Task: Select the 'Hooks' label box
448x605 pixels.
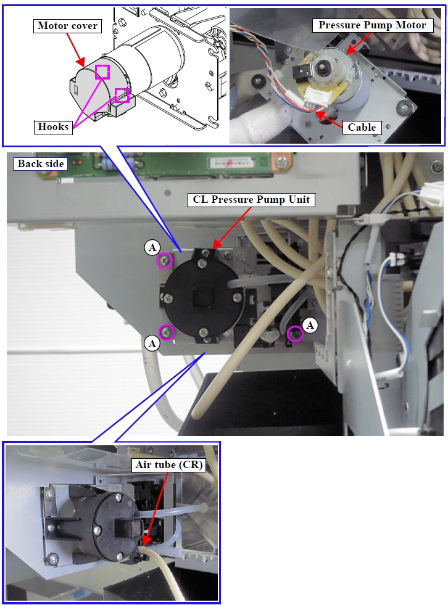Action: pos(52,127)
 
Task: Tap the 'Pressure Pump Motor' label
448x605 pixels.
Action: pos(371,25)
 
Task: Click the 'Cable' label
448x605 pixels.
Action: pos(362,127)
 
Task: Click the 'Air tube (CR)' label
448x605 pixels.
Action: pos(168,465)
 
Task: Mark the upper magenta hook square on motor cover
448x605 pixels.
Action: pos(102,72)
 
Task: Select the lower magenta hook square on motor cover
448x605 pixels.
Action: pos(122,95)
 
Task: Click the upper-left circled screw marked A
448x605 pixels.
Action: pos(164,261)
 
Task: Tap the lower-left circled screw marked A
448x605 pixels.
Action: pos(167,332)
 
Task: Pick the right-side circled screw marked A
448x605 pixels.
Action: pos(296,334)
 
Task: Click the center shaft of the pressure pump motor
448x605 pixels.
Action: pos(320,66)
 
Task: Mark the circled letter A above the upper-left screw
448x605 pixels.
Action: pos(152,247)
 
